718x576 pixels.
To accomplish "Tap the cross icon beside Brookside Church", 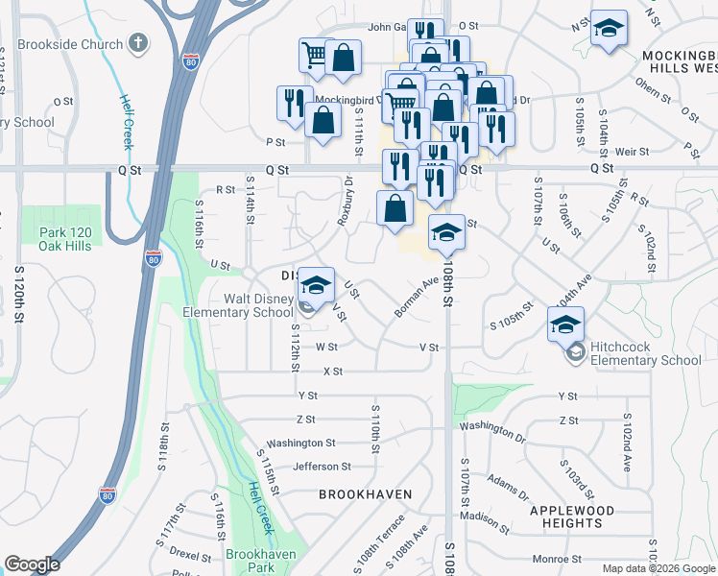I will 138,43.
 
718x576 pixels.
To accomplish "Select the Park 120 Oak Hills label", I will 65,238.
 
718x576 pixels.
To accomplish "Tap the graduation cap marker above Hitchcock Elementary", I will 566,325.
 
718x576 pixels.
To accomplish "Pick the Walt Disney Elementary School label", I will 238,305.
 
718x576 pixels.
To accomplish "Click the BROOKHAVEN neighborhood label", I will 366,494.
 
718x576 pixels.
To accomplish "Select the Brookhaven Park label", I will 251,561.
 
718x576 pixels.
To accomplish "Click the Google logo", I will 32,564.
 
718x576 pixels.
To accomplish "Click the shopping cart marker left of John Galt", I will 315,56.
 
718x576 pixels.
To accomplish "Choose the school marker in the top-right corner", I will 608,29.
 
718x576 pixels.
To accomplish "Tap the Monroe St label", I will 552,559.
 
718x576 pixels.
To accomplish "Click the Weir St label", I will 633,152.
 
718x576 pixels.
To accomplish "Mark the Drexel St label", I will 190,556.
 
